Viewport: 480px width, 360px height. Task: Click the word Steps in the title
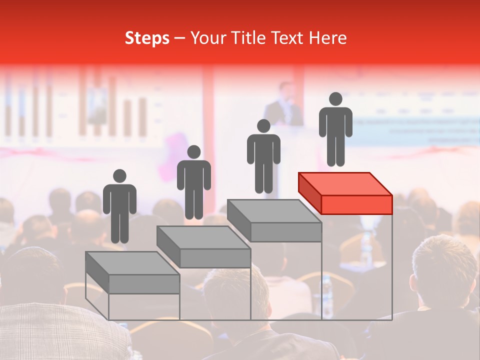pyautogui.click(x=147, y=38)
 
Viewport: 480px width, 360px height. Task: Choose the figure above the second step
pyautogui.click(x=193, y=182)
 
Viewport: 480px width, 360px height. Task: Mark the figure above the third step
pyautogui.click(x=263, y=156)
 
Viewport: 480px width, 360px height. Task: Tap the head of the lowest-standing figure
pyautogui.click(x=119, y=176)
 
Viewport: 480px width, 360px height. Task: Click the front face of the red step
pyautogui.click(x=356, y=204)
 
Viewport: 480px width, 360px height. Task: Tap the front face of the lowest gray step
pyautogui.click(x=144, y=284)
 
